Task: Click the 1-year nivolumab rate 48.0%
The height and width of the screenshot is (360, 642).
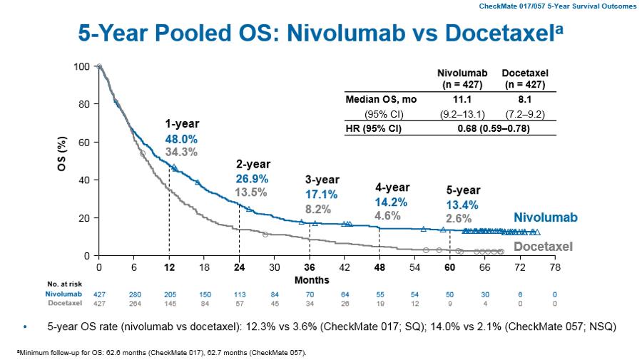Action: (180, 139)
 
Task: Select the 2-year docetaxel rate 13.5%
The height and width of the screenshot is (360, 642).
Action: (251, 192)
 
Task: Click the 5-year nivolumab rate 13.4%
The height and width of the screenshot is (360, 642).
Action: (462, 205)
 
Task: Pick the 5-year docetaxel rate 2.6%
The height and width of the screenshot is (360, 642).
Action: (459, 218)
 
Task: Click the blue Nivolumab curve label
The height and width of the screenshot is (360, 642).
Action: (546, 217)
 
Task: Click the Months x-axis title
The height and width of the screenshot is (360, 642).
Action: (312, 279)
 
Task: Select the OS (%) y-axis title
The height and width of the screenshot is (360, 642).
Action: (63, 160)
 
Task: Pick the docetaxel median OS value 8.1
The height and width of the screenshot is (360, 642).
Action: (525, 101)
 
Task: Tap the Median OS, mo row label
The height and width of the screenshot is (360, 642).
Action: (376, 101)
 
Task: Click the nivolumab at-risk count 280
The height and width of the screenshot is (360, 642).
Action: (135, 294)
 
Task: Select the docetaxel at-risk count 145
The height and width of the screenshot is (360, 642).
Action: (170, 304)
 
